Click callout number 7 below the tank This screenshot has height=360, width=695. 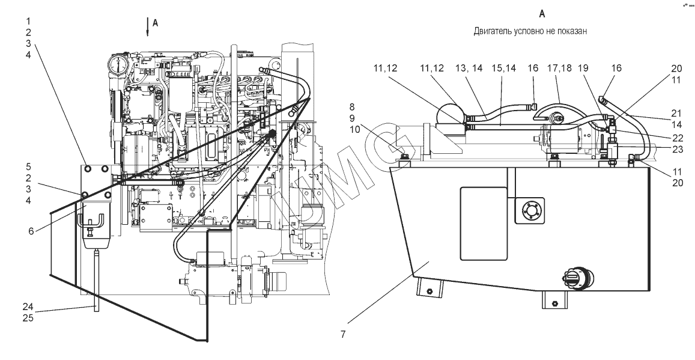pyautogui.click(x=342, y=334)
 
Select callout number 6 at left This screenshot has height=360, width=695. pyautogui.click(x=31, y=231)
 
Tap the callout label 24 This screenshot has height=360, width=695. pyautogui.click(x=28, y=307)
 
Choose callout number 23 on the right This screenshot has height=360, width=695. pyautogui.click(x=678, y=150)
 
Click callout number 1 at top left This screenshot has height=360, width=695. pyautogui.click(x=28, y=21)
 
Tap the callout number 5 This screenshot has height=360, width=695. pyautogui.click(x=28, y=166)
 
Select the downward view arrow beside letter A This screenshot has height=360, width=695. pyautogui.click(x=148, y=28)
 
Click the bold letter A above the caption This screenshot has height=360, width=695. pyautogui.click(x=542, y=14)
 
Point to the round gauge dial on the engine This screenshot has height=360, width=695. pyautogui.click(x=118, y=65)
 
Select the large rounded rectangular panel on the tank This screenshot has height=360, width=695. pyautogui.click(x=484, y=224)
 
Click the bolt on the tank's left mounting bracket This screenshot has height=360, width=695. pyautogui.click(x=429, y=291)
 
